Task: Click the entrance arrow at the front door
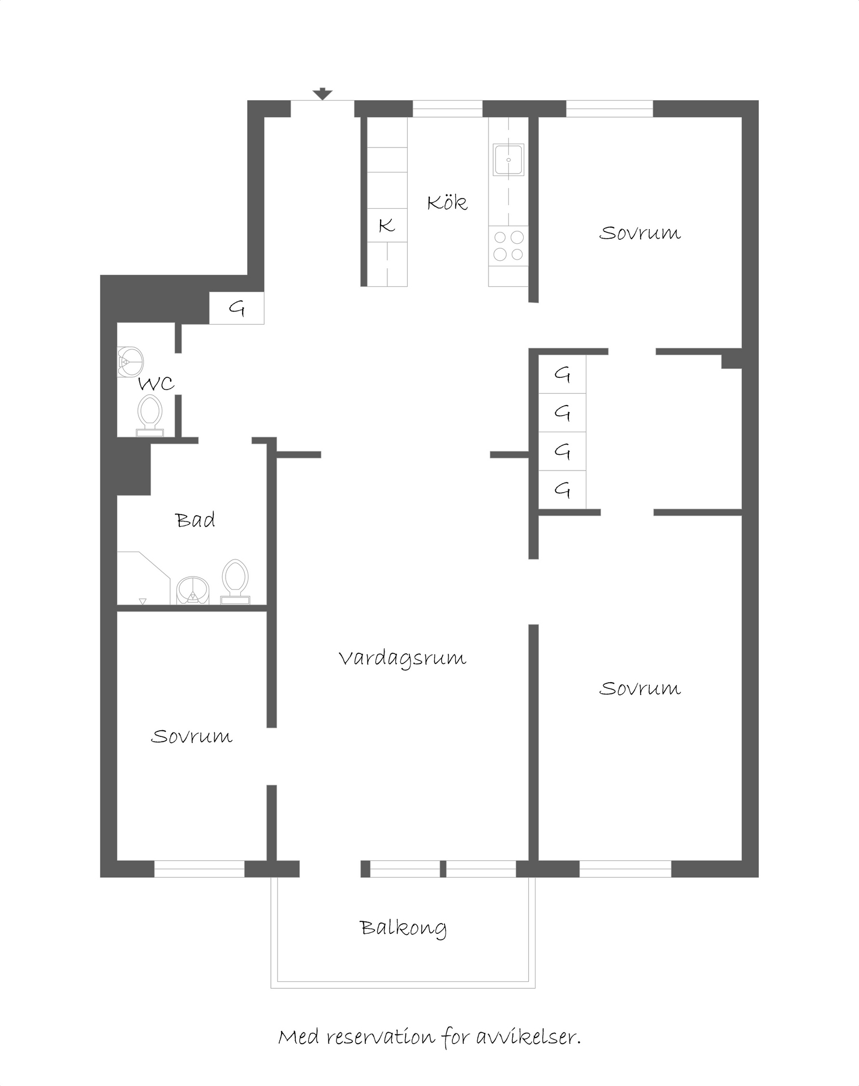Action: [x=322, y=94]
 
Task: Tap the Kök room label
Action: [x=447, y=202]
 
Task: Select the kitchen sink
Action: [x=508, y=160]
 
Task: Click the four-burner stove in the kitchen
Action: [x=508, y=245]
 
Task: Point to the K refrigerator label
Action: [x=387, y=225]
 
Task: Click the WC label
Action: [x=156, y=384]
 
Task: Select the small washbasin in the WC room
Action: [x=130, y=361]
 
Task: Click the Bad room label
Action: [x=195, y=520]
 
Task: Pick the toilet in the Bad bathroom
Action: [x=235, y=581]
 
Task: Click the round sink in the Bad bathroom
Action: [x=193, y=591]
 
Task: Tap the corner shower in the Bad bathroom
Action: [x=144, y=578]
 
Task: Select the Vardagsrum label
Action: [x=403, y=660]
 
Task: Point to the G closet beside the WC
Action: [x=237, y=308]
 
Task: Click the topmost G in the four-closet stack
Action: [x=562, y=374]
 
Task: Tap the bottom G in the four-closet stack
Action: [x=562, y=489]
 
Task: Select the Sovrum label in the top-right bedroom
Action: [x=640, y=233]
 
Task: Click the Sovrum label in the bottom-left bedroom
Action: [x=192, y=736]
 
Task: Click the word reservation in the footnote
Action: [x=381, y=1037]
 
